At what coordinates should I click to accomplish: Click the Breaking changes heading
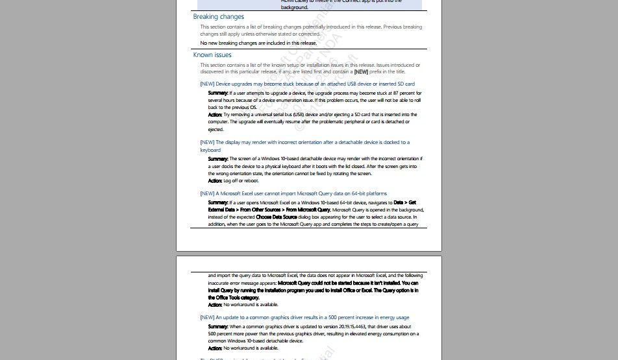point(218,17)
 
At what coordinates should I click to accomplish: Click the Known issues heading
point(212,55)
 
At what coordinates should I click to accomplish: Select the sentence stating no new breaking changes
point(258,43)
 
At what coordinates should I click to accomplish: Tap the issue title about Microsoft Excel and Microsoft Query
point(293,193)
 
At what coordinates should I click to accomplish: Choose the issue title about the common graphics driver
point(304,318)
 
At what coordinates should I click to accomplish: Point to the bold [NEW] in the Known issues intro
point(361,72)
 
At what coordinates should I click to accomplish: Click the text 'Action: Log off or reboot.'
point(233,181)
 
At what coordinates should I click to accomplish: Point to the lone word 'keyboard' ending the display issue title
point(210,150)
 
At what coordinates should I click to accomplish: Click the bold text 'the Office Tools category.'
point(234,298)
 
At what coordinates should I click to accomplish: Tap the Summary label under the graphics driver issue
point(218,327)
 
